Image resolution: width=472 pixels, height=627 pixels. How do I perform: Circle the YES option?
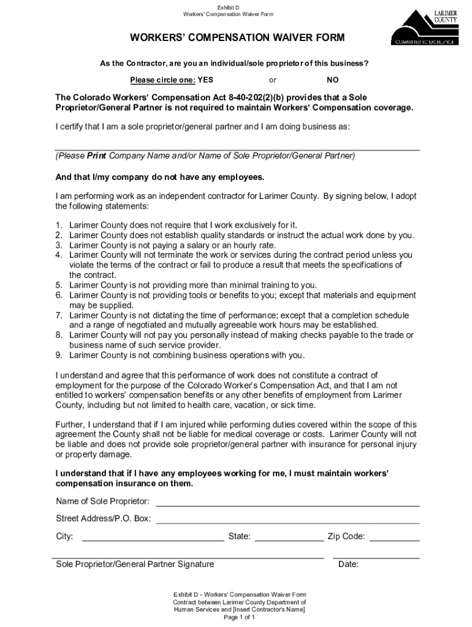205,80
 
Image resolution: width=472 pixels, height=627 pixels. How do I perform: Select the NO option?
332,80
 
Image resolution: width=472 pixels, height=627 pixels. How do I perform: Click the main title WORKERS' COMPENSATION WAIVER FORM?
237,38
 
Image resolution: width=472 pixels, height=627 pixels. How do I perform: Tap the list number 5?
59,285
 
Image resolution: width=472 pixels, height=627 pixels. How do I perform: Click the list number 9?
59,355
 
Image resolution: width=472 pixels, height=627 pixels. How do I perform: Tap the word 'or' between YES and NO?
273,80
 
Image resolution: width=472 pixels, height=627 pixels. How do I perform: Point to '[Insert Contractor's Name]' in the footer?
267,610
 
